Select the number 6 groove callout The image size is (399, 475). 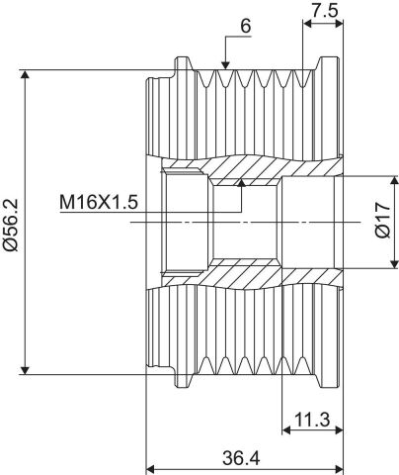point(245,26)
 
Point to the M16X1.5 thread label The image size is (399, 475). point(99,202)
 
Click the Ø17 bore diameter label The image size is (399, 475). point(383,221)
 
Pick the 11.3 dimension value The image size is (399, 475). point(312,420)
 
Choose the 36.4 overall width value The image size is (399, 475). point(241,458)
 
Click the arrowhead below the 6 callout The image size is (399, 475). point(225,65)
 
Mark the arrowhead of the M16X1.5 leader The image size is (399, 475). point(242,183)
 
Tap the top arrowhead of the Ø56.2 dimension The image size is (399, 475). point(25,74)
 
